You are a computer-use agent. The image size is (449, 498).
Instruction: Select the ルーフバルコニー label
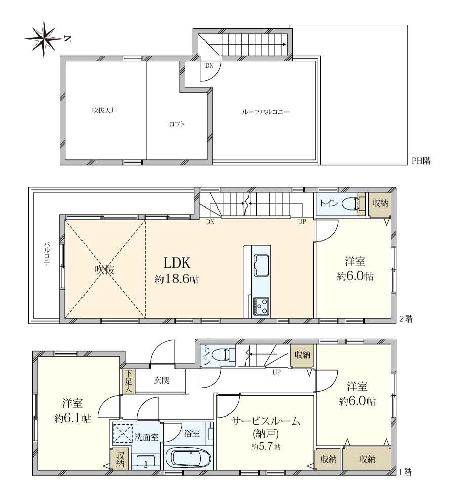pyautogui.click(x=266, y=112)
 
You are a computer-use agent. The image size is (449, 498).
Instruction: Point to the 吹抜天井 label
pyautogui.click(x=104, y=110)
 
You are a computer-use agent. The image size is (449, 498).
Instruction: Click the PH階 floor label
pyautogui.click(x=421, y=162)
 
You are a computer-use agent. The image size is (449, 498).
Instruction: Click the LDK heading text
pyautogui.click(x=176, y=263)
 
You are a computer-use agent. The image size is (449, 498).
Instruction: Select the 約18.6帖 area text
pyautogui.click(x=176, y=279)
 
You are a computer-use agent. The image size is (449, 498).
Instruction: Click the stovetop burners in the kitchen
pyautogui.click(x=261, y=306)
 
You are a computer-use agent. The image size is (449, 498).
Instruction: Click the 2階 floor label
pyautogui.click(x=405, y=319)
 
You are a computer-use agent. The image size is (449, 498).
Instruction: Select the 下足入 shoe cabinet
pyautogui.click(x=129, y=382)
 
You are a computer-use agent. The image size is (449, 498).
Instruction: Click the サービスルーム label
pyautogui.click(x=266, y=421)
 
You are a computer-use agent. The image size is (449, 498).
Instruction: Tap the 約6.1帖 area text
pyautogui.click(x=73, y=419)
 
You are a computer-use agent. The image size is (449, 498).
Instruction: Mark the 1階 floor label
pyautogui.click(x=404, y=472)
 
